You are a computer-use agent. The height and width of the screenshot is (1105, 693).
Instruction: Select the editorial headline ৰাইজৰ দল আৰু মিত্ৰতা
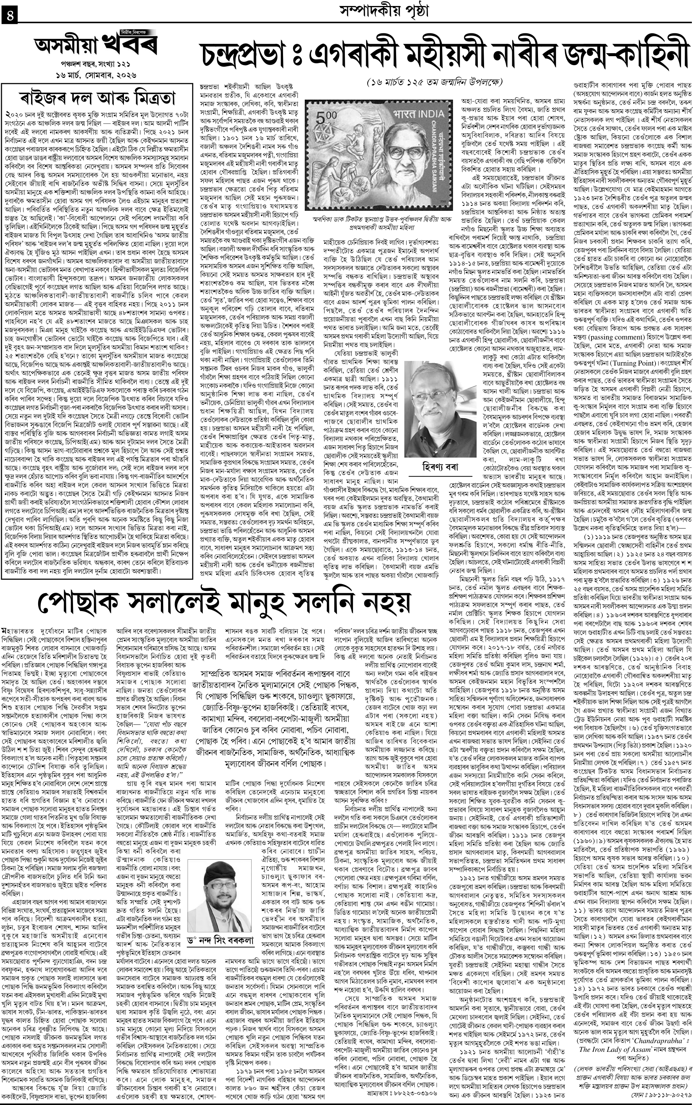pos(98,98)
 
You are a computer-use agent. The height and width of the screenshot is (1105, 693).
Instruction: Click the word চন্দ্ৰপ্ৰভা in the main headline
pos(250,55)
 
